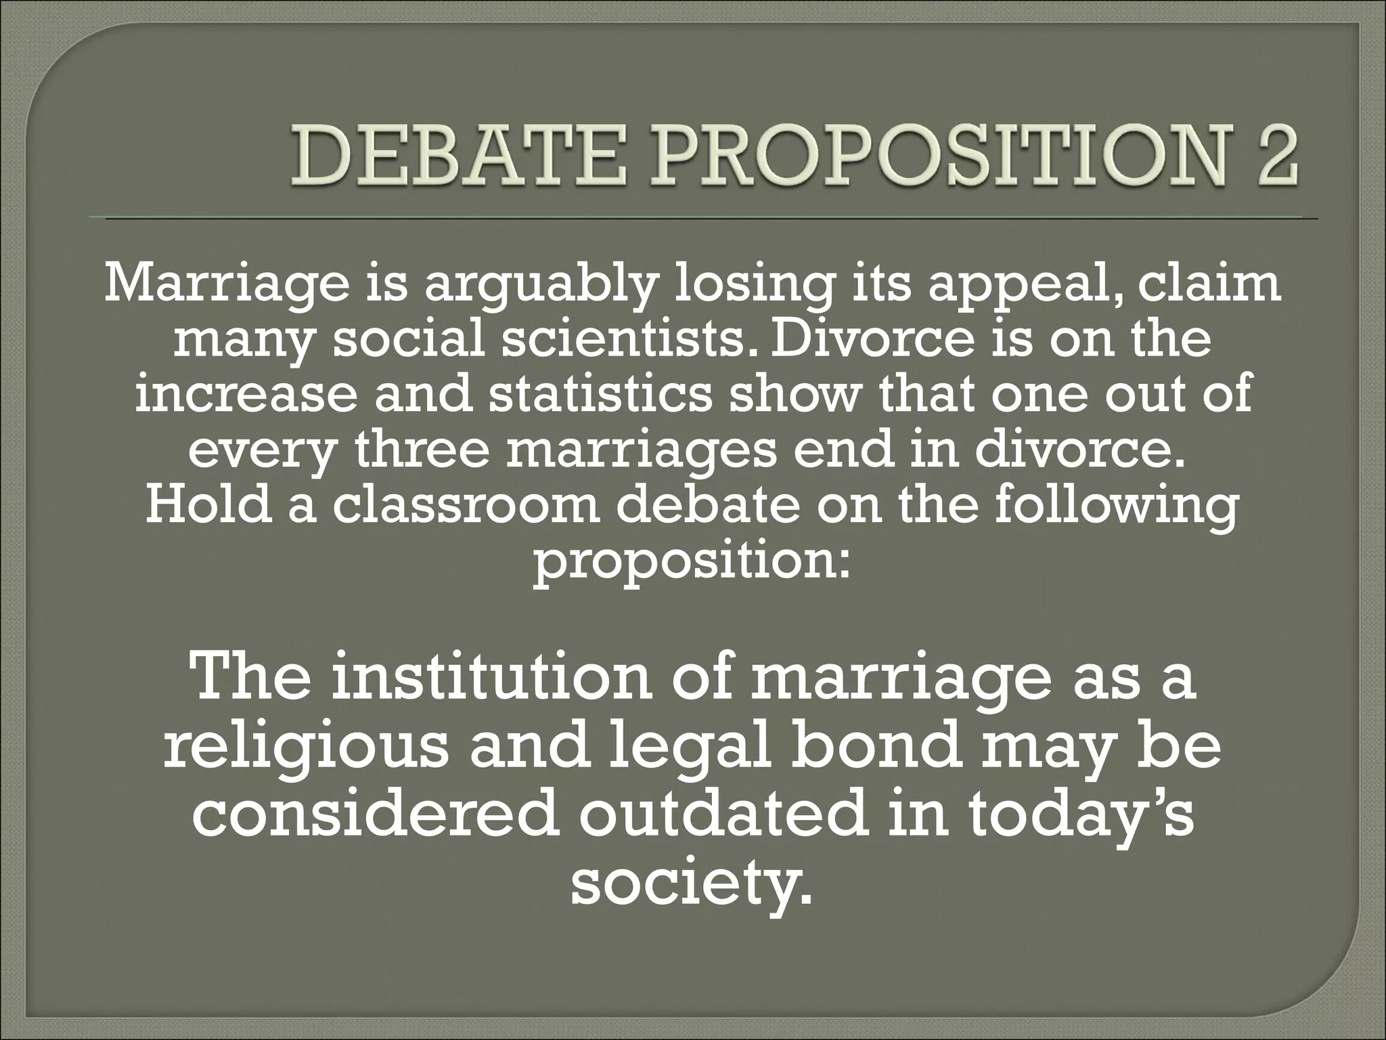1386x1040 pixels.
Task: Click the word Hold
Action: click(x=208, y=504)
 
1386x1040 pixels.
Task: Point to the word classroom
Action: click(x=467, y=504)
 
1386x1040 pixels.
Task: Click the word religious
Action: click(x=305, y=749)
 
